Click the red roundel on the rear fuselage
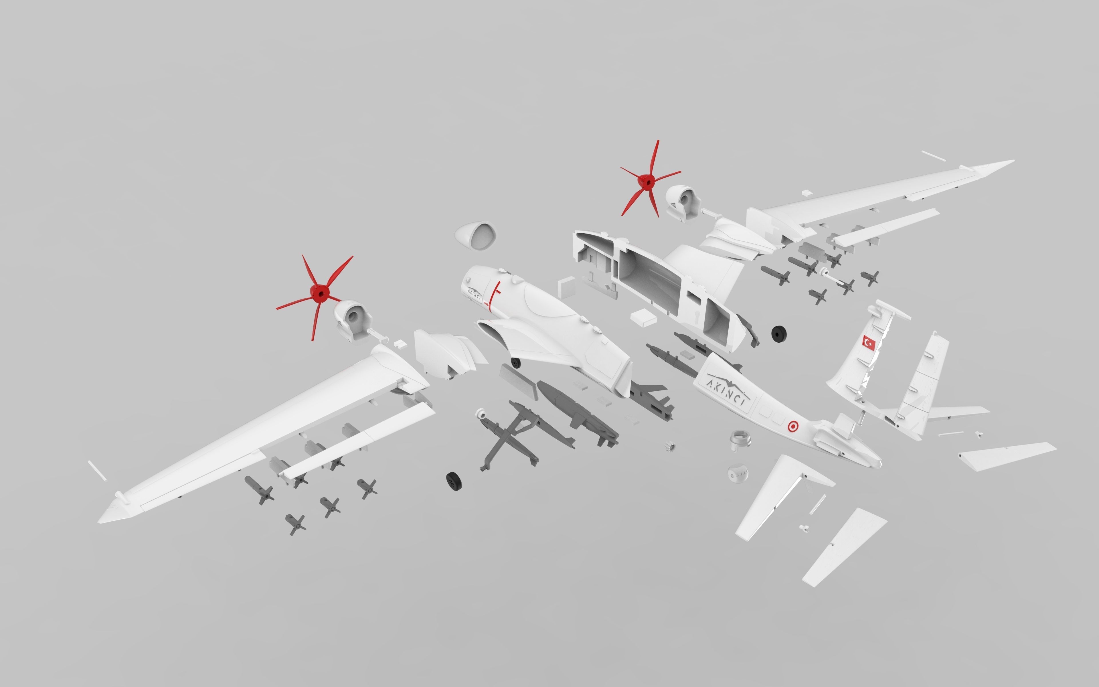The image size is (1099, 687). point(793,426)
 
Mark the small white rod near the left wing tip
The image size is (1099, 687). point(97,470)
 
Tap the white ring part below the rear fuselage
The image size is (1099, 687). point(740,440)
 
